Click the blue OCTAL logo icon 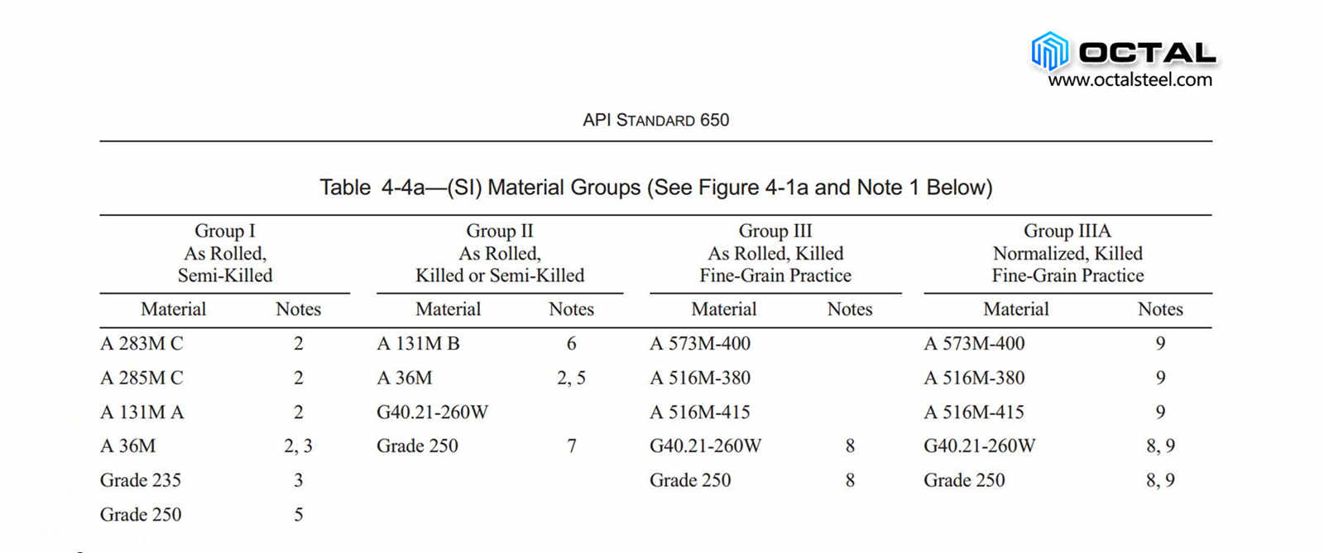tap(1050, 50)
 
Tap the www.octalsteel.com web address tap(1130, 80)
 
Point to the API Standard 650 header tap(655, 120)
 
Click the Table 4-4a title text tap(655, 188)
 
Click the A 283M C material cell tap(142, 343)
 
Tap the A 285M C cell tap(142, 378)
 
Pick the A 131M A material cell tap(142, 412)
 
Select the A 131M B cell tap(418, 343)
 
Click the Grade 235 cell tap(141, 480)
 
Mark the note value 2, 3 tap(298, 446)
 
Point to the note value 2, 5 tap(571, 378)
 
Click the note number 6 tap(571, 343)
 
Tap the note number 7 tap(571, 446)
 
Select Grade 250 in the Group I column tap(141, 514)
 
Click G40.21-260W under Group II tap(432, 412)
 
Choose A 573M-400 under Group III tap(700, 343)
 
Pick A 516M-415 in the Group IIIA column tap(974, 412)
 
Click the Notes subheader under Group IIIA tap(1160, 309)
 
